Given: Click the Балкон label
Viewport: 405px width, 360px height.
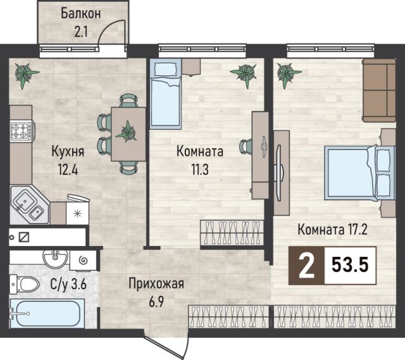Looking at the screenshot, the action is click(x=80, y=14).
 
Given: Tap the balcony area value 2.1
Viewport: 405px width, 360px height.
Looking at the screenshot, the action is click(x=81, y=32).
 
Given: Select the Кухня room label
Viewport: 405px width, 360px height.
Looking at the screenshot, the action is click(x=68, y=151).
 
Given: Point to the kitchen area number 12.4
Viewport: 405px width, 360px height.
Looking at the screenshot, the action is click(x=68, y=170).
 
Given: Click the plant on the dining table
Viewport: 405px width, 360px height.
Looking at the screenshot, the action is click(x=127, y=132).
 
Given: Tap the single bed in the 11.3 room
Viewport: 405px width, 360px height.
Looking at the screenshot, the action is click(x=166, y=94).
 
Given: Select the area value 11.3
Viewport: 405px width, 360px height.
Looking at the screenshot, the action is click(x=200, y=170).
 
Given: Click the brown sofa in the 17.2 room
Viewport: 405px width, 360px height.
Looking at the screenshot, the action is click(x=379, y=90).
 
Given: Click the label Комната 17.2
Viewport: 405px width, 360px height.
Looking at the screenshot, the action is click(x=333, y=230).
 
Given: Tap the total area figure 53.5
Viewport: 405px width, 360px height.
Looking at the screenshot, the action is click(x=350, y=266).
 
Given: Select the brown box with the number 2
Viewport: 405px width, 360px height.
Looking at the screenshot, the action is click(x=306, y=266).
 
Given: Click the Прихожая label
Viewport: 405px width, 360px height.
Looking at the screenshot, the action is click(x=156, y=284).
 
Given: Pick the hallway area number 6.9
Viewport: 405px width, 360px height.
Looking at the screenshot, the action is click(x=156, y=302).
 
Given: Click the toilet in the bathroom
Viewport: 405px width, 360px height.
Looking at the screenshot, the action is click(x=25, y=284).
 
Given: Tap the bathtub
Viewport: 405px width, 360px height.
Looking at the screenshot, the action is click(x=47, y=314).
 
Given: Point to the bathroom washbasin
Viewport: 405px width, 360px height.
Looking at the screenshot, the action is click(x=55, y=259).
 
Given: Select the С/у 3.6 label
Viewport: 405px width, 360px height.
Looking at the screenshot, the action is click(x=68, y=285).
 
